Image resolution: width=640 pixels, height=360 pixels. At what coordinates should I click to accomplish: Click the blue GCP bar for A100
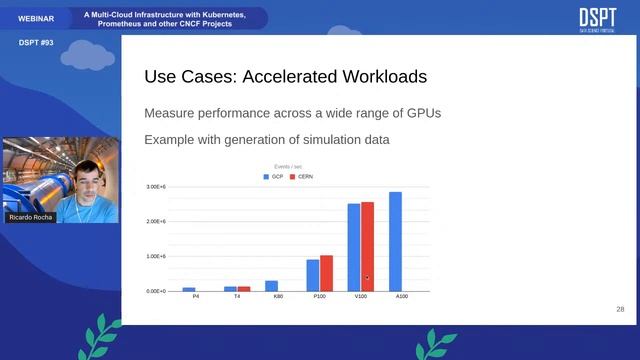395,241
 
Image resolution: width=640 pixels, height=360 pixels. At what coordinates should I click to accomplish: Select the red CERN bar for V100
367,246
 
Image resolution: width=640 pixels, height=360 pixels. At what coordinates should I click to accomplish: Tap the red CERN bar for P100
326,273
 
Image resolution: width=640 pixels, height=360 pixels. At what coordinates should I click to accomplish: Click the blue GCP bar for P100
313,275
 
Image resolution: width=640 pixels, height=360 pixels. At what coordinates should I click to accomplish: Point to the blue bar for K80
271,286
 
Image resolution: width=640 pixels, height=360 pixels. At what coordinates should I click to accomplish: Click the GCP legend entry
273,176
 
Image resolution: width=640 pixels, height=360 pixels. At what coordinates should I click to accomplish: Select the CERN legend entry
301,176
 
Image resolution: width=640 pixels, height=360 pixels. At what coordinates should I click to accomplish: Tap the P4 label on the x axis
189,298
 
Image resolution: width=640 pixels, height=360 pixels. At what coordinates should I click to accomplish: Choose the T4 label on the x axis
237,298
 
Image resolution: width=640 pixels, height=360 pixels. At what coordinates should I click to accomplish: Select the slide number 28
620,310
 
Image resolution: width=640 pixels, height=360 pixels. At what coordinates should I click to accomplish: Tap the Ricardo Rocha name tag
30,217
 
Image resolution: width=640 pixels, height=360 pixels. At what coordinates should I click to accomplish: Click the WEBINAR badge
36,18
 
